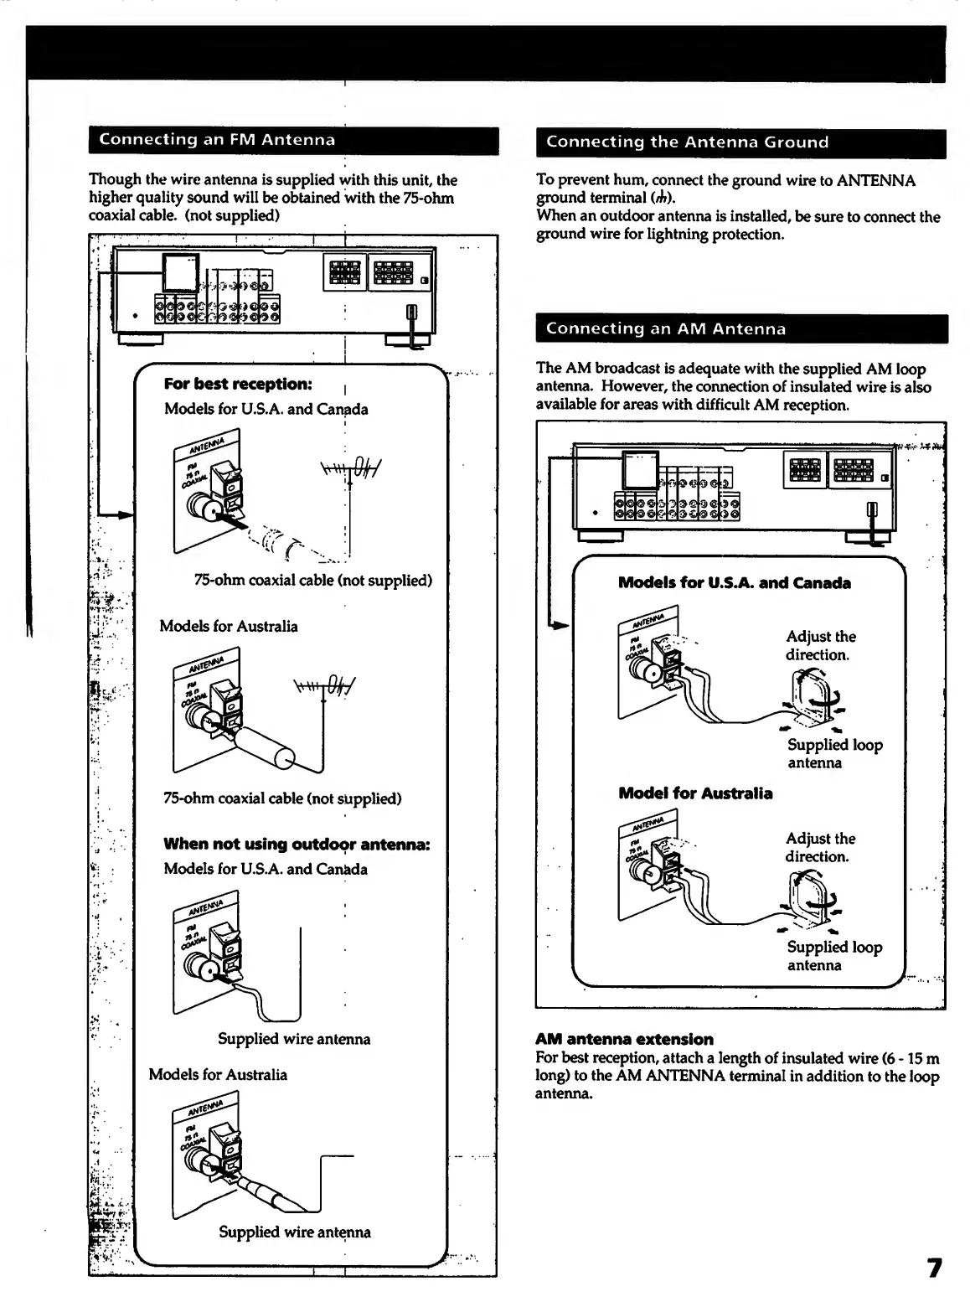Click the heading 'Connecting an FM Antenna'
(x=217, y=140)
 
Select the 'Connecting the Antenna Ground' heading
(x=687, y=142)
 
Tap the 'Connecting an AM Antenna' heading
(x=666, y=329)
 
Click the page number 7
(x=934, y=1268)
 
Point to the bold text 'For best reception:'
(x=238, y=385)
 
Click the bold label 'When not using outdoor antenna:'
(x=297, y=845)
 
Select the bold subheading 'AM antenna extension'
(x=624, y=1040)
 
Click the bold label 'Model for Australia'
(x=695, y=793)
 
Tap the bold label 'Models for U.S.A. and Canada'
(x=734, y=583)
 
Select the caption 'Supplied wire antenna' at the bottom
(x=294, y=1232)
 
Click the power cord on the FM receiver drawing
(x=411, y=323)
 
